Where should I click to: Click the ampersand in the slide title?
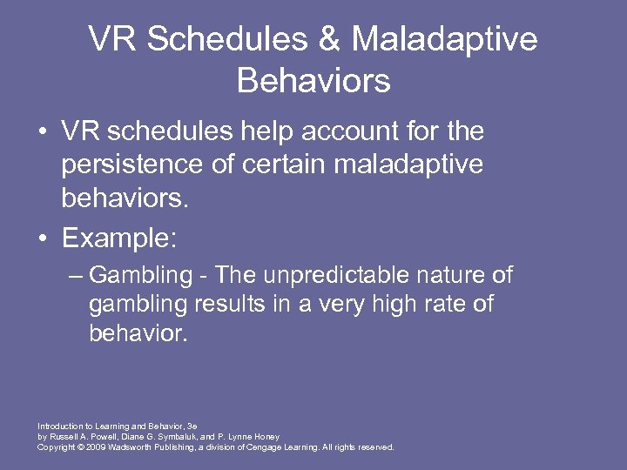337,40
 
